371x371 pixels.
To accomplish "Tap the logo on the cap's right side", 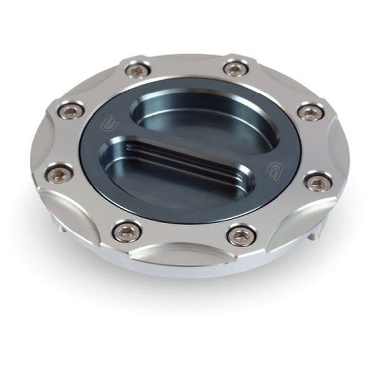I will tap(274, 169).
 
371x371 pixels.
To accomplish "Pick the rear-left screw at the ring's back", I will tap(138, 70).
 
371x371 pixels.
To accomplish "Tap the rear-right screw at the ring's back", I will tap(235, 68).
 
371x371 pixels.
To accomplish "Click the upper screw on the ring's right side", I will tap(311, 112).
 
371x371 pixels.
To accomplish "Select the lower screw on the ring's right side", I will tap(319, 182).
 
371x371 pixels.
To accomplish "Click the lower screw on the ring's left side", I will tap(59, 174).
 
